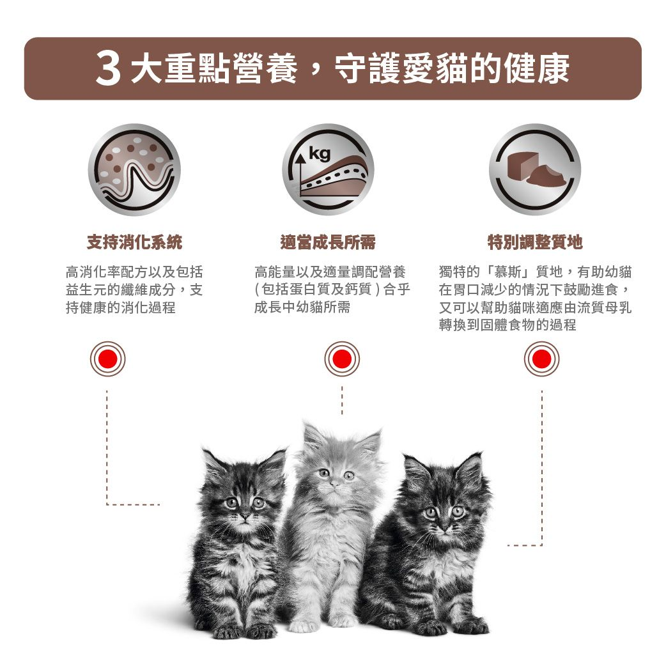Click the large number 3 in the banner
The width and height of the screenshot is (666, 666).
point(109,69)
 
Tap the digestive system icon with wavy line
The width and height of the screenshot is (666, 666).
point(134,169)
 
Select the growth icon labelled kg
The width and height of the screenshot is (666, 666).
point(328,169)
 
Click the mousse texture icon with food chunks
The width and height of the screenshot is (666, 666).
point(535,169)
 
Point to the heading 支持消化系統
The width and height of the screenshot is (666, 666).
point(134,242)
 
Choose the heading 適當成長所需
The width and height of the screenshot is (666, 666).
point(328,242)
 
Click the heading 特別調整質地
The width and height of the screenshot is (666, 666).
point(535,242)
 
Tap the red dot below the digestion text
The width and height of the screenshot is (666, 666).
point(107,359)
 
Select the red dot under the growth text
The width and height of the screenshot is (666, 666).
point(342,359)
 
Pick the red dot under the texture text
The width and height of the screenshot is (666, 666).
point(541,359)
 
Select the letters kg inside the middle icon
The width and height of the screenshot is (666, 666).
point(320,154)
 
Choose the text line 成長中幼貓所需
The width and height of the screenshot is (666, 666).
point(302,307)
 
